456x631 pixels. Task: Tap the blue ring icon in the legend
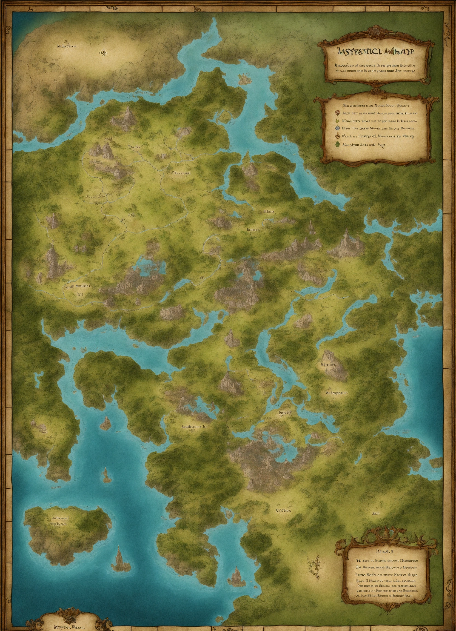[338, 128]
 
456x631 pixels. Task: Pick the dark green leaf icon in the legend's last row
[338, 144]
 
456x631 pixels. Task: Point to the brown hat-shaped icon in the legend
[338, 136]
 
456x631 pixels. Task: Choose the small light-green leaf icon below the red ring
[338, 121]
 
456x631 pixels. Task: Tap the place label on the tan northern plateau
[67, 47]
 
